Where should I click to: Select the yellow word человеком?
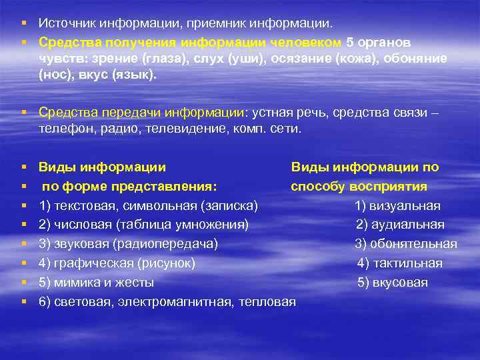[307, 41]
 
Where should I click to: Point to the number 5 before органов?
[350, 41]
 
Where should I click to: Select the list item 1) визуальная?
[397, 206]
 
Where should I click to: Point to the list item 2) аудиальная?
[399, 225]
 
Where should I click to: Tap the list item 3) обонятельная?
[405, 244]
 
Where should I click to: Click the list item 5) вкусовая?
[393, 283]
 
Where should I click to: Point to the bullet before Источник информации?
[24, 24]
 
